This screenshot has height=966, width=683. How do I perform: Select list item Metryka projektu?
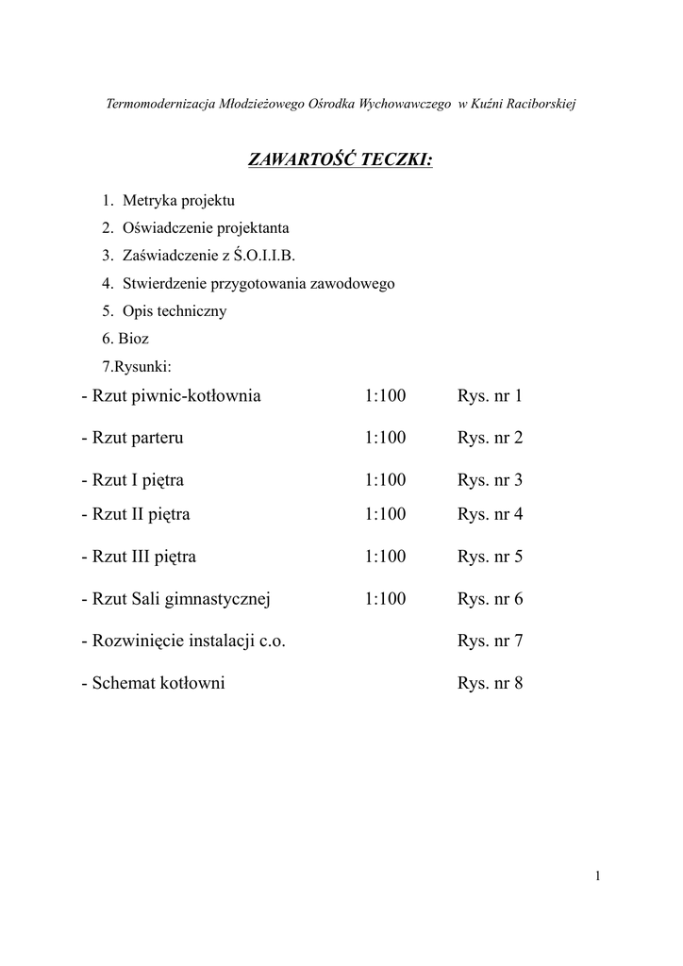[178, 200]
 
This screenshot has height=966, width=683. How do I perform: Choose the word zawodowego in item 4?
[353, 283]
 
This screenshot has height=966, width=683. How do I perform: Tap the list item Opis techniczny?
[174, 310]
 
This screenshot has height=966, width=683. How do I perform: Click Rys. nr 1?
[490, 395]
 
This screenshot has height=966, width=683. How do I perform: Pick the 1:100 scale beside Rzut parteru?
[385, 438]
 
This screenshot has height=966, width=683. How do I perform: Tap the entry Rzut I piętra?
[138, 480]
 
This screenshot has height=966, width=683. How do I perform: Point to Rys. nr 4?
[490, 514]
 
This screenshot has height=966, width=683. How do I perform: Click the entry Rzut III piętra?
[143, 557]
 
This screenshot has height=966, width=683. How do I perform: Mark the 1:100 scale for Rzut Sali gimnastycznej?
[385, 599]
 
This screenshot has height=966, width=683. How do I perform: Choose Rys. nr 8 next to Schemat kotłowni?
[490, 684]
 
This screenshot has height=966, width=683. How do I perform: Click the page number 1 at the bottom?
[597, 876]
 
